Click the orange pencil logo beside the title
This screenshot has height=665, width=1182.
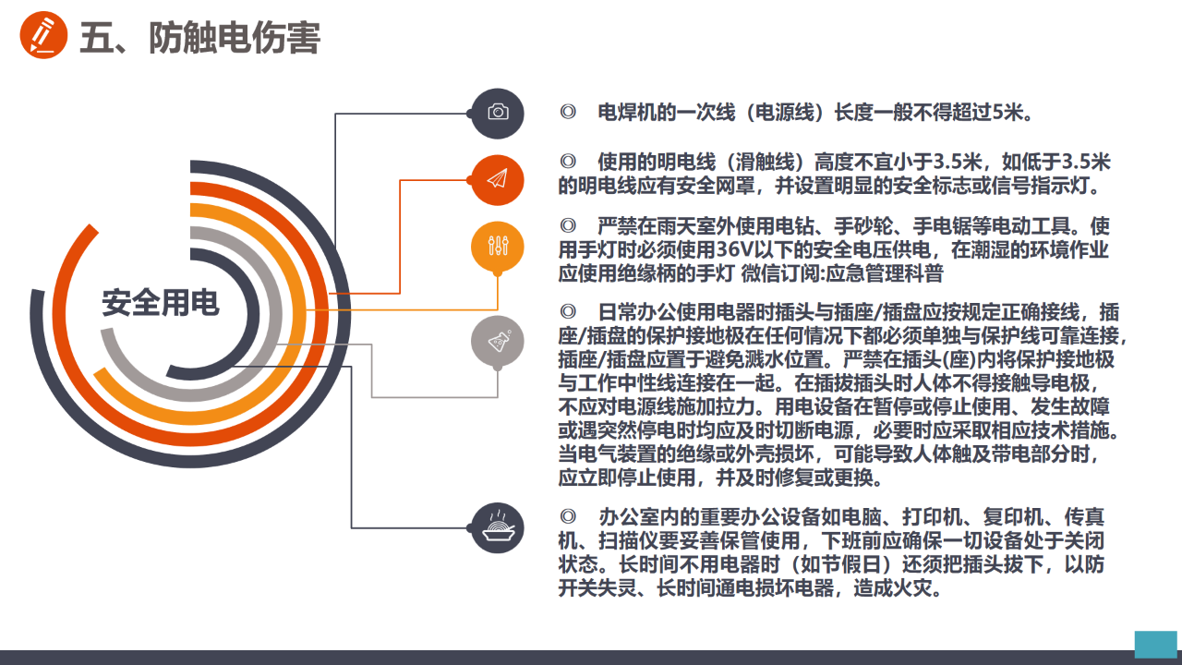tap(43, 35)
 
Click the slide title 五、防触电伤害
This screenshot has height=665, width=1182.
tap(200, 38)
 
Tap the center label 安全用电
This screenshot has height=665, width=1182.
tap(161, 303)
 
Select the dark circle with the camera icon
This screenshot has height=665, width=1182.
tap(497, 114)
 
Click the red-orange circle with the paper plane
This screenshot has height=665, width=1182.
tap(497, 180)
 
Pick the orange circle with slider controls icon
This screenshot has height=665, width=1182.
tap(497, 247)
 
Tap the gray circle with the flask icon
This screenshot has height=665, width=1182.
tap(497, 342)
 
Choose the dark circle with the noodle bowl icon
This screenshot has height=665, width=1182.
tap(497, 527)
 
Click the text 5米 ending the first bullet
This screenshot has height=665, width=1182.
tap(1008, 113)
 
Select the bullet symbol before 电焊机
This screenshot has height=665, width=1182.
tap(568, 113)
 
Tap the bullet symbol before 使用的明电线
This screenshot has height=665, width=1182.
tap(568, 161)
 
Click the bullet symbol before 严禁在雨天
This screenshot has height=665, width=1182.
tap(568, 226)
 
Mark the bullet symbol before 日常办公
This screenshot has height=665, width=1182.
tap(568, 312)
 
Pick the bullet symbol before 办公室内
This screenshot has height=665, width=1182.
tap(568, 516)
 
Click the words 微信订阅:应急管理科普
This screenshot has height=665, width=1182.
tap(842, 273)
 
